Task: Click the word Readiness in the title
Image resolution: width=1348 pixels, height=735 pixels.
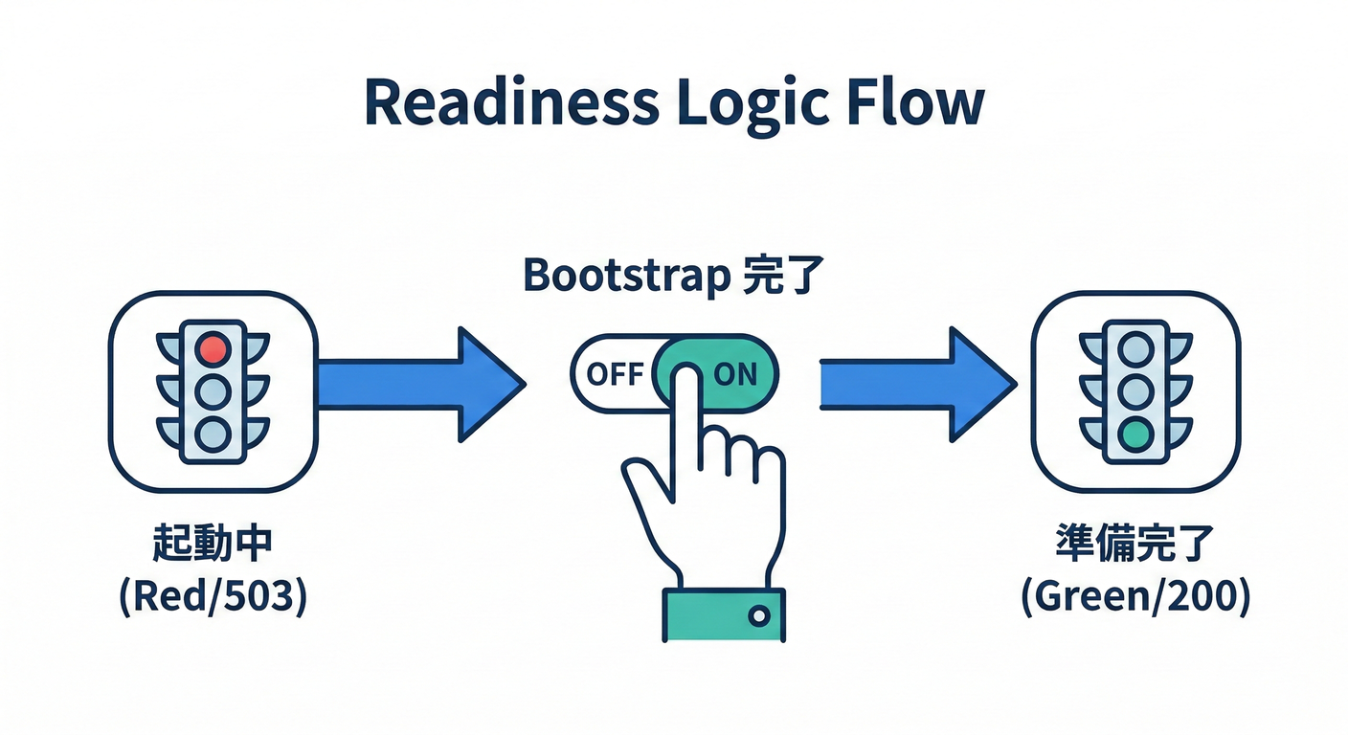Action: [511, 101]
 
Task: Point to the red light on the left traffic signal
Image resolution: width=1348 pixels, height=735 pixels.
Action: [213, 349]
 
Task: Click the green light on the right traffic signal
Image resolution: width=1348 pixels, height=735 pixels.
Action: [1135, 434]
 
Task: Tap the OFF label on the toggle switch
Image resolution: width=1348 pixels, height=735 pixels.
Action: [615, 374]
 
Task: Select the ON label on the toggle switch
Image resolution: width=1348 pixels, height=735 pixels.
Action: [735, 374]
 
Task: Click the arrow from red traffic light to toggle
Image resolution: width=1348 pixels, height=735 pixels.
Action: [421, 385]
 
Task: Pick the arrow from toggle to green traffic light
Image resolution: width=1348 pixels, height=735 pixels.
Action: [918, 385]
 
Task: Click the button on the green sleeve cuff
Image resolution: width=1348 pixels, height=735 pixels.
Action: [759, 615]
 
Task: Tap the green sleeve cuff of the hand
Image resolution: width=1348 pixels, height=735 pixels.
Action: [724, 614]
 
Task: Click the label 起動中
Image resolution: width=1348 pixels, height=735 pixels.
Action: [213, 544]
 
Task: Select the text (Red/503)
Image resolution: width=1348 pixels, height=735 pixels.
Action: [213, 596]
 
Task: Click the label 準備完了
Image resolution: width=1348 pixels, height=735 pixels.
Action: [1135, 544]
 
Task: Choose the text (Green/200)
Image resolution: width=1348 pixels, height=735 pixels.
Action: [1135, 596]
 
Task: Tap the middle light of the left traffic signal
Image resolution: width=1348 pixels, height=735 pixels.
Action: [213, 391]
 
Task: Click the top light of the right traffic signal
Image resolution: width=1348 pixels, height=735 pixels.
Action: [1135, 349]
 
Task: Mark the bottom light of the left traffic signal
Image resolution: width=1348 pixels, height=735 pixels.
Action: [213, 434]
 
